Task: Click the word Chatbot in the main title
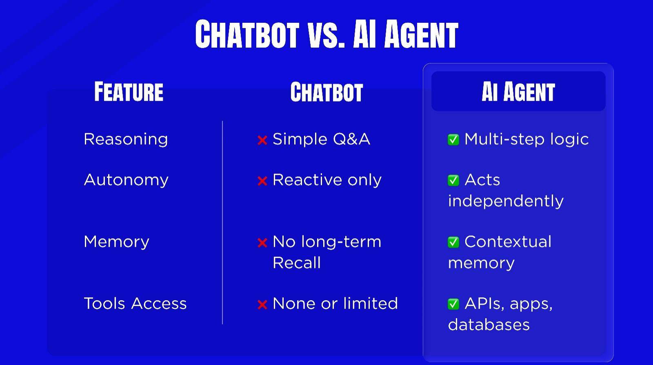click(x=247, y=34)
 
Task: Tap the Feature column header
click(x=129, y=92)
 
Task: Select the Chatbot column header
click(x=326, y=92)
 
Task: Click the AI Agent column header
click(x=518, y=92)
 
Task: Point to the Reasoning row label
click(x=126, y=139)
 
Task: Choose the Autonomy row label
click(x=126, y=180)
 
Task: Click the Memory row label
click(x=116, y=242)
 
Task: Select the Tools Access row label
click(x=135, y=303)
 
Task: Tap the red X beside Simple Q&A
click(x=262, y=140)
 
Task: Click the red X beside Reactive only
click(x=262, y=181)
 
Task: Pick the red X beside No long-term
click(x=262, y=243)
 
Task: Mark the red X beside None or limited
click(x=262, y=304)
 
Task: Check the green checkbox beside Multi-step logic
click(x=453, y=139)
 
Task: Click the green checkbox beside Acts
click(x=453, y=180)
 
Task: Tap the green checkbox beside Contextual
click(x=453, y=242)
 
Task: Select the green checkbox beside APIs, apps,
click(x=453, y=304)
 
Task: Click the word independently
click(x=506, y=201)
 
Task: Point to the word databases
click(x=489, y=325)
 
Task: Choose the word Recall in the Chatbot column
click(x=297, y=263)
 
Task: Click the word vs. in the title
click(x=326, y=35)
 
